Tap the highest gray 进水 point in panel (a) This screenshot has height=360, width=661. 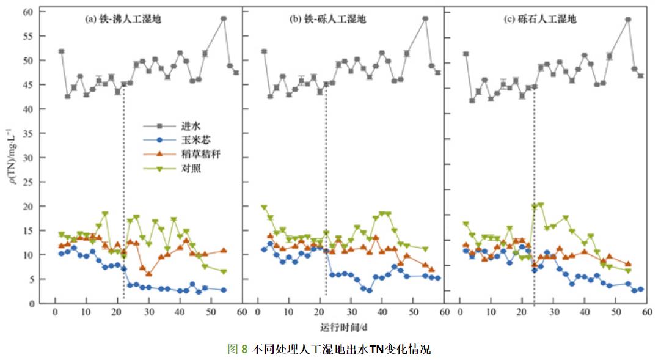tap(224, 18)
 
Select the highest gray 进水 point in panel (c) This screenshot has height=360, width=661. tap(627, 20)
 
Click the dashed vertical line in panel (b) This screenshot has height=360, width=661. tap(326, 196)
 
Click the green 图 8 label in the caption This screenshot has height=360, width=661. tap(237, 350)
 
